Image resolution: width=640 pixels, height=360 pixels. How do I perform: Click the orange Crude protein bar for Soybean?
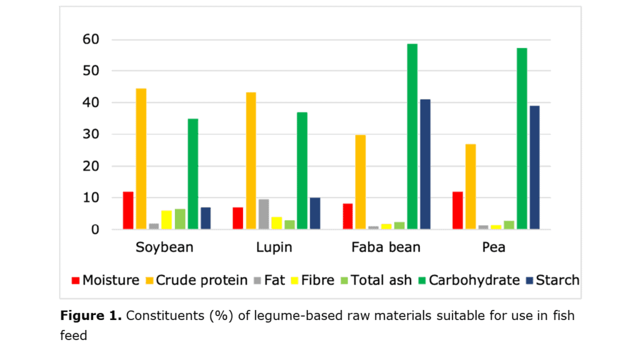(141, 159)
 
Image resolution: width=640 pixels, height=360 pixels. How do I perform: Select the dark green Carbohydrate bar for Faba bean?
(412, 137)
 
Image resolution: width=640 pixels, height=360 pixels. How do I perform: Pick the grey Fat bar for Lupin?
(264, 214)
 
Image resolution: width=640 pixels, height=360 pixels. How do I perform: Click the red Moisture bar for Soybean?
(128, 211)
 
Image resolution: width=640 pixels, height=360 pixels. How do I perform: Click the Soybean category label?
(164, 247)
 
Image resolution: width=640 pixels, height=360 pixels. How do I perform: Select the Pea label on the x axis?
(494, 247)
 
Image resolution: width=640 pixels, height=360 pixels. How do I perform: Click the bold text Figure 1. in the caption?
(91, 316)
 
